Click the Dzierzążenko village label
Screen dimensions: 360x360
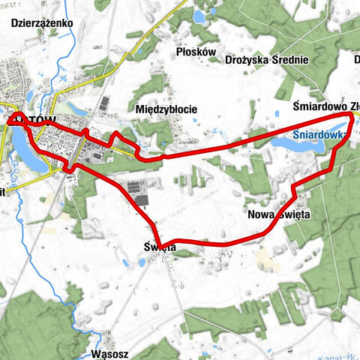coord(42,23)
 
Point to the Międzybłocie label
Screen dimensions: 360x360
coord(166,109)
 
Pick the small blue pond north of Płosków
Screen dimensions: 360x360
coord(200,16)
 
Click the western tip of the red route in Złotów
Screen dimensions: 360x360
coord(7,118)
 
